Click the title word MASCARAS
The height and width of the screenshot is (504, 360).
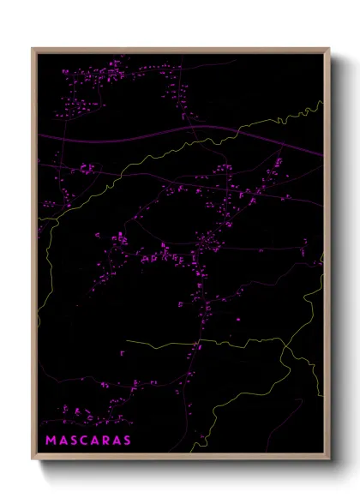88,441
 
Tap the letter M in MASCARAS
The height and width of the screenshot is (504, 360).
50,441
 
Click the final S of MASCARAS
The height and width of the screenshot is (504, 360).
127,441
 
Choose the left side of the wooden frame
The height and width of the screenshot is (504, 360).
34,257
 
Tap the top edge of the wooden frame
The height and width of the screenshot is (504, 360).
180,50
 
